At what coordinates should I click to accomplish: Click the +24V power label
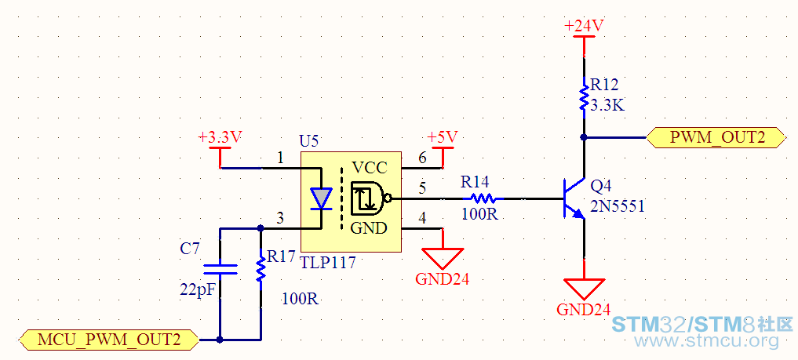(584, 25)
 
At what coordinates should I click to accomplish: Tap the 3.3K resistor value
(607, 106)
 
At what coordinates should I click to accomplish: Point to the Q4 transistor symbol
(573, 198)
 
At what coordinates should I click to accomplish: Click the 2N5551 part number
(618, 206)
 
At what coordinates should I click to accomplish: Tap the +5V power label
(443, 136)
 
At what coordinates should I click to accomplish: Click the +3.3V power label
(220, 136)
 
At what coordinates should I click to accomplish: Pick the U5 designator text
(309, 141)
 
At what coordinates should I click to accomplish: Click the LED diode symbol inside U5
(321, 198)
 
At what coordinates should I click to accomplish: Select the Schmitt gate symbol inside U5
(370, 198)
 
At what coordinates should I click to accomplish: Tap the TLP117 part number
(328, 263)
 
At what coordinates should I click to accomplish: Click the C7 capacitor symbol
(220, 270)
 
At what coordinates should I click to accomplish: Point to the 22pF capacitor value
(198, 289)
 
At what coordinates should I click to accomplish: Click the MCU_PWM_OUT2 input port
(109, 339)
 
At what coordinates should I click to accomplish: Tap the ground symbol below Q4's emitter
(584, 289)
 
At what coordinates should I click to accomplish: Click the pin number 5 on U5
(422, 188)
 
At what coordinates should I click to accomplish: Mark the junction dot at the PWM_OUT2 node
(584, 137)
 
